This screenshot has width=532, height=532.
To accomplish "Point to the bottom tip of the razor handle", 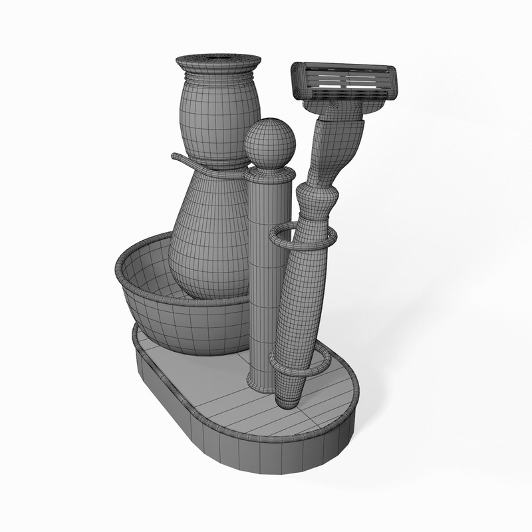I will [288, 400].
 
